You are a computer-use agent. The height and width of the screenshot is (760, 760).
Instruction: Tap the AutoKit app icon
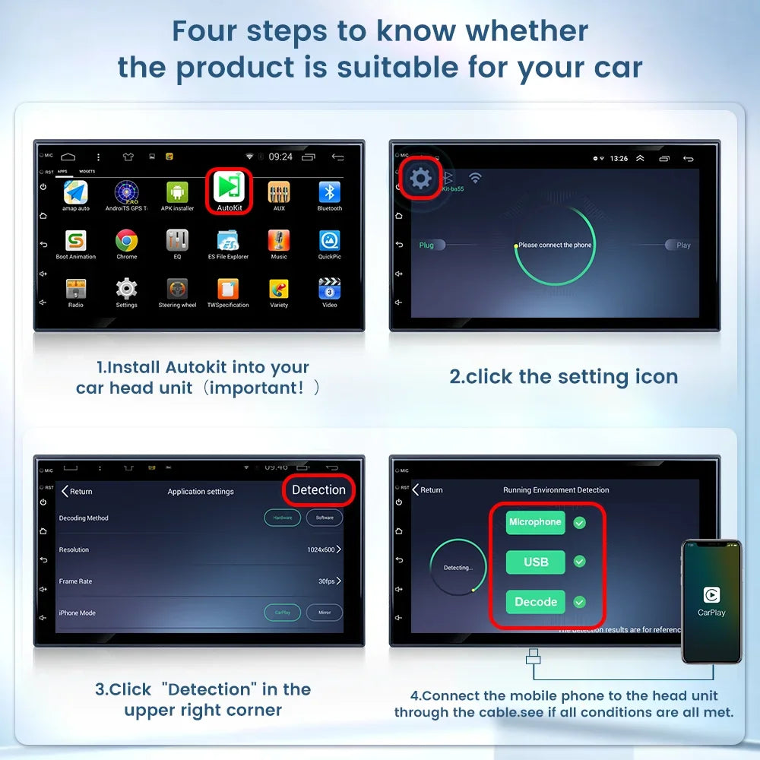tap(229, 187)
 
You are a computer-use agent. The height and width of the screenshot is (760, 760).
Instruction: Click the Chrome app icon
tap(127, 241)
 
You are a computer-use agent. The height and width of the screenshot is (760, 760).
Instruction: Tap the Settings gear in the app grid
tap(126, 289)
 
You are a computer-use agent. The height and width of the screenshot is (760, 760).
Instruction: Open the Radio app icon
tap(76, 289)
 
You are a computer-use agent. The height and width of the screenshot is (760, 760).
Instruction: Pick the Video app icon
tap(329, 289)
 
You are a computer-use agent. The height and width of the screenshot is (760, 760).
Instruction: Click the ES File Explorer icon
tap(228, 241)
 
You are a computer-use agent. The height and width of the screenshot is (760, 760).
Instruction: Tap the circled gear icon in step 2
tap(420, 179)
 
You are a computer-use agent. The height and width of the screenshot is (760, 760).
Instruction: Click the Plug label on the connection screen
tap(426, 245)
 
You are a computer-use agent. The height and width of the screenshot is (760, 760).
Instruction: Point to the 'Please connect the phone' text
tap(555, 245)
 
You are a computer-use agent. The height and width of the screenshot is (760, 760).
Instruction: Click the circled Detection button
tap(318, 490)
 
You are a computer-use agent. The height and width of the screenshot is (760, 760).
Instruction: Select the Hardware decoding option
tap(282, 518)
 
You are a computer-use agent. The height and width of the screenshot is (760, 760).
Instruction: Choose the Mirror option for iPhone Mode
tap(325, 613)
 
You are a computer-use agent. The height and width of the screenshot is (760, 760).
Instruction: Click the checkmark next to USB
tap(579, 562)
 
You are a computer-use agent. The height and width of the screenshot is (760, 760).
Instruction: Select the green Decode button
tap(536, 602)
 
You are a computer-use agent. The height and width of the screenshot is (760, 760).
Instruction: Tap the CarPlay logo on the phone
tap(711, 595)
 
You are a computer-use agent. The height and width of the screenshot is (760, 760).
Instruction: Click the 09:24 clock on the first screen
tap(280, 157)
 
